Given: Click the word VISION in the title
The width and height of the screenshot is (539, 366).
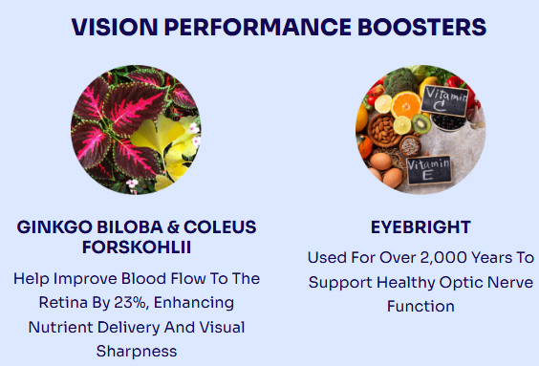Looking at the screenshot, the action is pyautogui.click(x=115, y=27).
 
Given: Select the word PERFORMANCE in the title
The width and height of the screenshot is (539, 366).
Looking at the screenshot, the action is pyautogui.click(x=258, y=27).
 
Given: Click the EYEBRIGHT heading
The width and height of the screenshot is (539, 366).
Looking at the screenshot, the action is pyautogui.click(x=420, y=227).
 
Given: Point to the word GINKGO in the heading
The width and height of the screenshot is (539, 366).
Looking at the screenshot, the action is pyautogui.click(x=54, y=227).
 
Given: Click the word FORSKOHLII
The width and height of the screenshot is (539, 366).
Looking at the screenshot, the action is pyautogui.click(x=137, y=248).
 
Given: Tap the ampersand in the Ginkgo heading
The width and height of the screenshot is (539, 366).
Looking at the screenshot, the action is pyautogui.click(x=174, y=227).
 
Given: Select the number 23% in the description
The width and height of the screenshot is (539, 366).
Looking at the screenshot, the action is pyautogui.click(x=131, y=303).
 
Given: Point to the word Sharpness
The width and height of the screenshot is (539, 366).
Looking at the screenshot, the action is pyautogui.click(x=137, y=352).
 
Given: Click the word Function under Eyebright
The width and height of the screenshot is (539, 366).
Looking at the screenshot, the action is pyautogui.click(x=420, y=306).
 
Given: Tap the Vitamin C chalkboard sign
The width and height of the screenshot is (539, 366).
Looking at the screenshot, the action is pyautogui.click(x=445, y=100).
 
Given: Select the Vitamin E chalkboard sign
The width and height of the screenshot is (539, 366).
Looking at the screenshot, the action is pyautogui.click(x=429, y=170).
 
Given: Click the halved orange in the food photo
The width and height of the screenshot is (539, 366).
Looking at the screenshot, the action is pyautogui.click(x=406, y=105).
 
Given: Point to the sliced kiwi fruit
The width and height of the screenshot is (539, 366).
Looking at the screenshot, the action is pyautogui.click(x=421, y=123).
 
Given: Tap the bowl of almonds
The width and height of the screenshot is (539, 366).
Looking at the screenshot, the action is pyautogui.click(x=382, y=131).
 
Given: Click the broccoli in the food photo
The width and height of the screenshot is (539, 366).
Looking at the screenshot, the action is pyautogui.click(x=400, y=81).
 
